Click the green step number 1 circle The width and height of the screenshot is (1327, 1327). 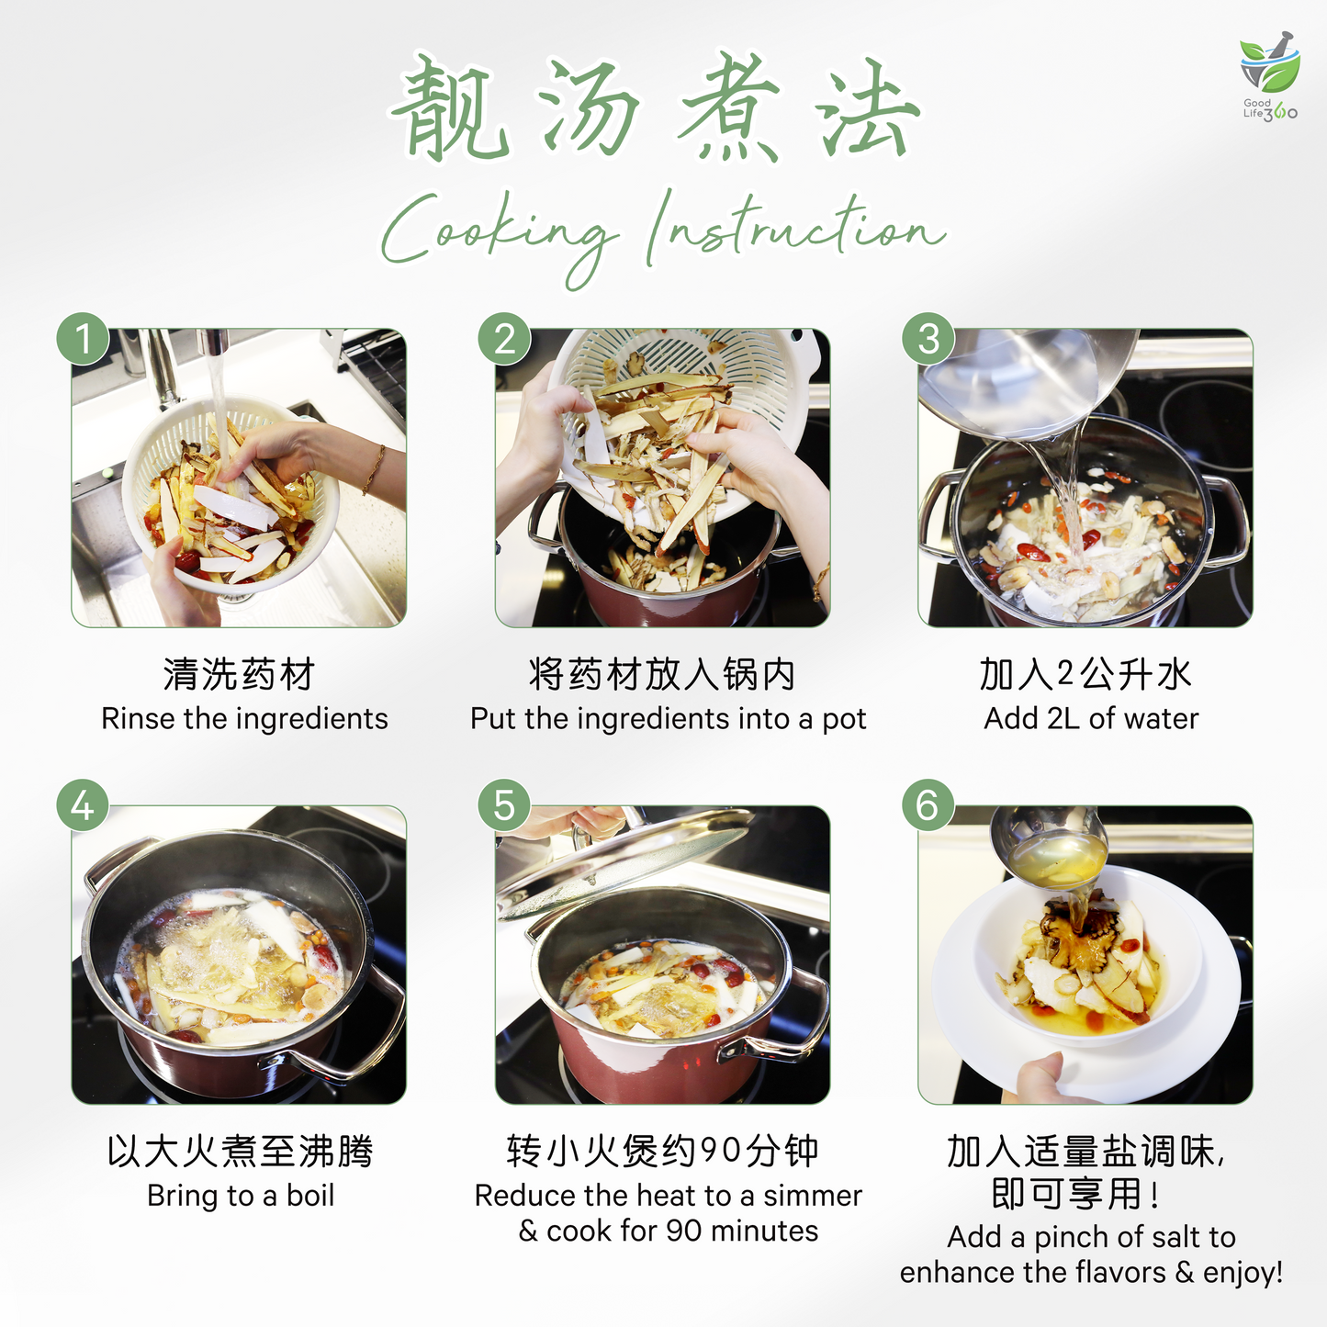84,339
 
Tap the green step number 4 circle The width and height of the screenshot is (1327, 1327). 84,806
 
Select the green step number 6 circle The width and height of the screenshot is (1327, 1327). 928,806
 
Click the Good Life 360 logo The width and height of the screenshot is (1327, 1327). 1269,78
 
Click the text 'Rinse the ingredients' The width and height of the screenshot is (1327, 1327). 244,718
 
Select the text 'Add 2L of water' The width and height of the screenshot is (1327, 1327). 1091,718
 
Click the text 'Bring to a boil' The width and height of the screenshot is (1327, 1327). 241,1196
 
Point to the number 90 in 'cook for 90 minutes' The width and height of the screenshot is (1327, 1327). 684,1231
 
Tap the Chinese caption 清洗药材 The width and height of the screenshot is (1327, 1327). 239,675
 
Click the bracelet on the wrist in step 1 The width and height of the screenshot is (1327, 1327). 374,468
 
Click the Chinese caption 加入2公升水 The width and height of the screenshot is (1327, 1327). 1085,675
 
